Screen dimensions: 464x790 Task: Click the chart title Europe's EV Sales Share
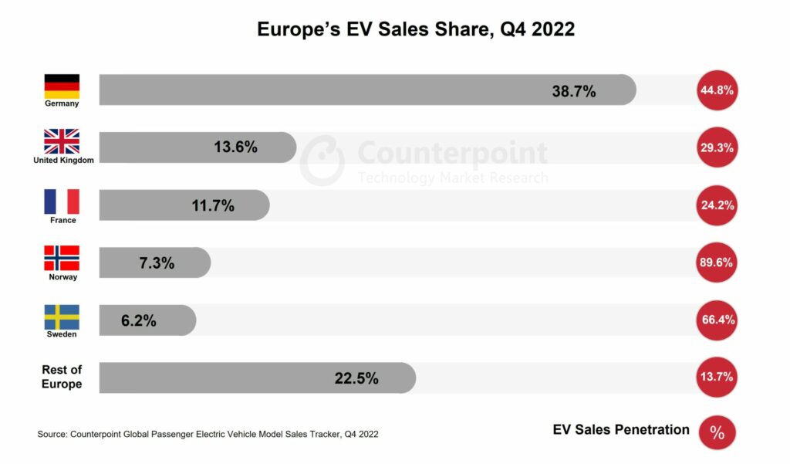coord(415,29)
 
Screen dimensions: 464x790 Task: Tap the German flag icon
coord(62,86)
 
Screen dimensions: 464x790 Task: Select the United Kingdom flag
coord(62,141)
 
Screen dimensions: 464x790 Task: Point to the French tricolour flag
coord(62,202)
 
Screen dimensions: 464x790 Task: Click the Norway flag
coord(62,258)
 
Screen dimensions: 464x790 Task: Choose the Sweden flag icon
coord(62,317)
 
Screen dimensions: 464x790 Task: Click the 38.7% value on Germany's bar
coord(573,91)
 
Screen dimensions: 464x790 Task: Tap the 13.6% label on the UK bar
coord(235,147)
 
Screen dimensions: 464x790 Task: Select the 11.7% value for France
coord(213,206)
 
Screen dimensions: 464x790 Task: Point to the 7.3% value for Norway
coord(157,263)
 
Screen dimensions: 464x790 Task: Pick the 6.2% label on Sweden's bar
coord(139,320)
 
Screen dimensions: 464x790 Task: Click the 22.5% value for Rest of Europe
coord(356,378)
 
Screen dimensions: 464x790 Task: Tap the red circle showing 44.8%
coord(717,90)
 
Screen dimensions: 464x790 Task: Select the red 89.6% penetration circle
coord(717,262)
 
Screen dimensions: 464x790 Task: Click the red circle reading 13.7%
coord(717,378)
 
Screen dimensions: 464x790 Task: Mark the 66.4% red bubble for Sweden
coord(717,320)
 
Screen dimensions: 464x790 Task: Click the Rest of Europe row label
coord(62,377)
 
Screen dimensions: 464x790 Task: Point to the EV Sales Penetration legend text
coord(621,430)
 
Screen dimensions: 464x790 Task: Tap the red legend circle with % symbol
coord(717,432)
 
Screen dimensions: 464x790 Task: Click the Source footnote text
coord(208,435)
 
